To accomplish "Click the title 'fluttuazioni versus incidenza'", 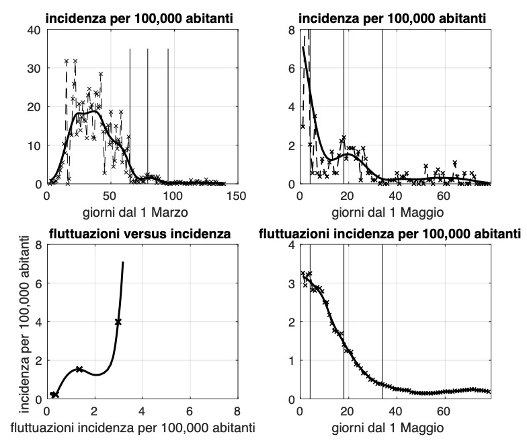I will click(141, 234).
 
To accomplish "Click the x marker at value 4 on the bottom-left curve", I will click(118, 322).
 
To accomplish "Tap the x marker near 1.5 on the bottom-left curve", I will click(79, 369).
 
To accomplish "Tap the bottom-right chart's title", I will click(390, 234).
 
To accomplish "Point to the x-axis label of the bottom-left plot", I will click(141, 425).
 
